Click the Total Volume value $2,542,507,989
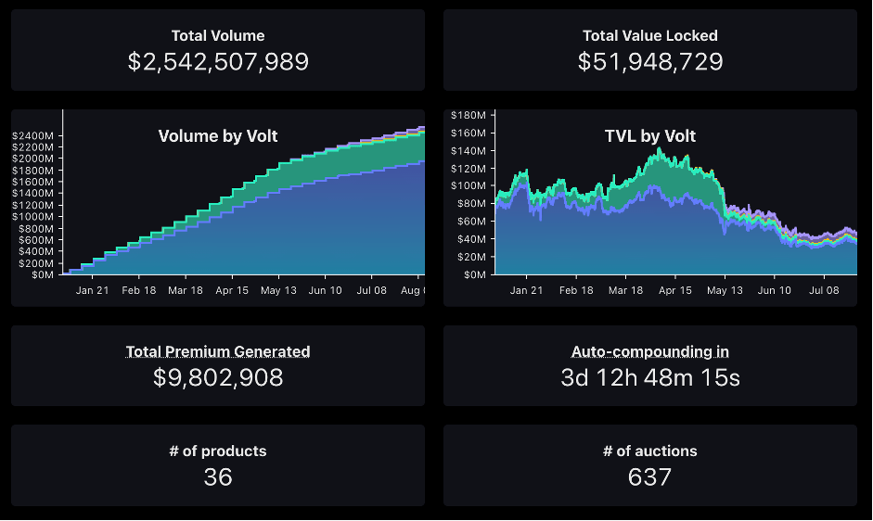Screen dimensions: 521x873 click(x=218, y=62)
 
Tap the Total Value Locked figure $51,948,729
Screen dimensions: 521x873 click(x=649, y=62)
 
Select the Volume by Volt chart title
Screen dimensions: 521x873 click(x=218, y=136)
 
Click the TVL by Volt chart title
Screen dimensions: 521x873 click(x=649, y=136)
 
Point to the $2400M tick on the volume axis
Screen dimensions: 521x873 click(x=33, y=135)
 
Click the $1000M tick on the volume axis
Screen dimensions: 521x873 click(x=33, y=217)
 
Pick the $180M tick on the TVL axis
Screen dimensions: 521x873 click(x=468, y=115)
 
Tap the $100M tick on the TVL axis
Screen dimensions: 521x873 click(x=468, y=186)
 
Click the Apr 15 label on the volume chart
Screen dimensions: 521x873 click(x=232, y=290)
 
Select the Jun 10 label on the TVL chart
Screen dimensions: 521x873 click(x=775, y=290)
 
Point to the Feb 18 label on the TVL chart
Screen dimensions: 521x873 click(x=575, y=290)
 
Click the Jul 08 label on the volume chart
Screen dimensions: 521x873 click(x=371, y=290)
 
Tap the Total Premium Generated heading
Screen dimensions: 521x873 click(x=218, y=351)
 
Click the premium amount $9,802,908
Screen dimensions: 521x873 click(x=218, y=377)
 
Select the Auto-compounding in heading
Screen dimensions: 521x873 click(x=649, y=351)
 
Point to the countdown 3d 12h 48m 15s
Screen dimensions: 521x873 click(x=649, y=377)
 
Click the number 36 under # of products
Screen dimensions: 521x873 click(x=218, y=477)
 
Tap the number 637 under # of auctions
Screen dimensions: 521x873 click(x=649, y=477)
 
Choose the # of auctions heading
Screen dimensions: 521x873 click(x=649, y=451)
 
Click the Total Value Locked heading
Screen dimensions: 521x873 click(x=649, y=36)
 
